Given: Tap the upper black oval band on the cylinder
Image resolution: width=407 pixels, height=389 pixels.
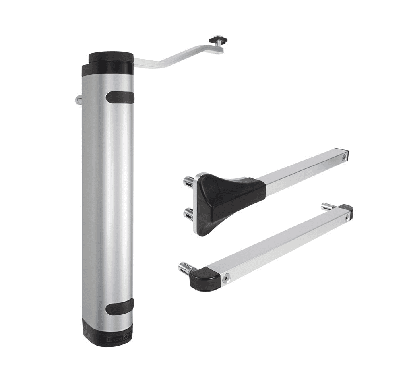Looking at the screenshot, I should (x=120, y=97).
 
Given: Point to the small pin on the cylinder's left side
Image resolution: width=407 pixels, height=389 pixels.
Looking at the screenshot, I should (x=78, y=99).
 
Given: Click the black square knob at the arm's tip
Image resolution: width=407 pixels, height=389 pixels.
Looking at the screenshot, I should (x=219, y=40).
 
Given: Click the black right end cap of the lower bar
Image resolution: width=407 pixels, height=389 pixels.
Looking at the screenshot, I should (x=347, y=208).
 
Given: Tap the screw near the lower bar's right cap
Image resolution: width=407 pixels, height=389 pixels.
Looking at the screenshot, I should (x=347, y=217).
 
